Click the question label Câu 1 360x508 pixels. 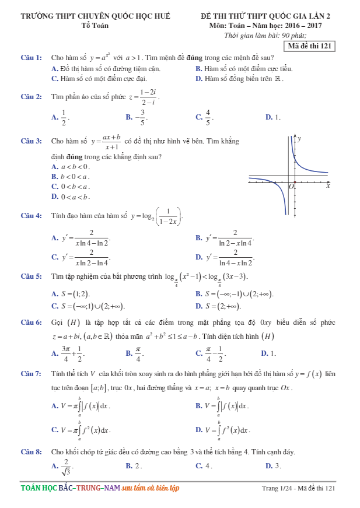31,58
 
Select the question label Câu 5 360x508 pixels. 31,276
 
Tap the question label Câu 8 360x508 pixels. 31,452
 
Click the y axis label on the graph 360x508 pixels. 299,139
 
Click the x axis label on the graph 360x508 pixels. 328,186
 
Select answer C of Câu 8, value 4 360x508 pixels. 204,466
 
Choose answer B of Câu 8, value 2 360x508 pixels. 134,466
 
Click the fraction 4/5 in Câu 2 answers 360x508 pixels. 208,117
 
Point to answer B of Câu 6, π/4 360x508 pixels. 138,353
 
